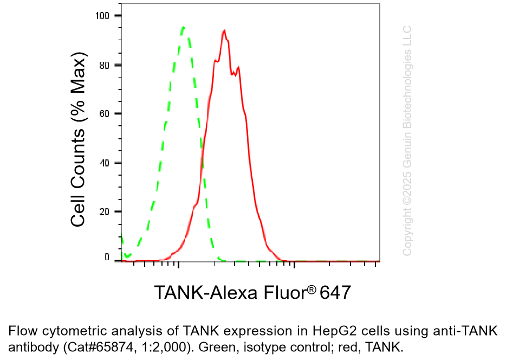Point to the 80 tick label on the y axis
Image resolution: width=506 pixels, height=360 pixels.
106,65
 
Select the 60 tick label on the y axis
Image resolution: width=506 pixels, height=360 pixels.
106,114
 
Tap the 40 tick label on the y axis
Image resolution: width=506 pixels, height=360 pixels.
106,163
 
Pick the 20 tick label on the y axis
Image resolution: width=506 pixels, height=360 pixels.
106,211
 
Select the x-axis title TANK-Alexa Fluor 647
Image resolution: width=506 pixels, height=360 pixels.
253,293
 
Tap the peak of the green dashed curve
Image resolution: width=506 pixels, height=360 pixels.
183,27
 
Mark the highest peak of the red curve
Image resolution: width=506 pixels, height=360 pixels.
224,30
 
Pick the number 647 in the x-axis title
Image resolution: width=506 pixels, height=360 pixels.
336,293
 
